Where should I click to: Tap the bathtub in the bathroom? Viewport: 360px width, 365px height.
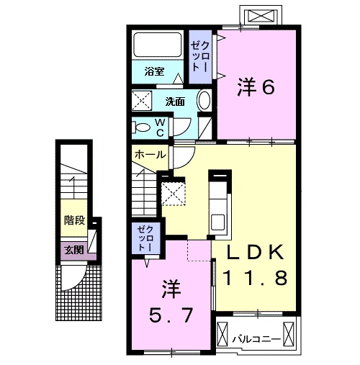158,45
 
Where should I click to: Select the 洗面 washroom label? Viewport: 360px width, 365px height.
175,101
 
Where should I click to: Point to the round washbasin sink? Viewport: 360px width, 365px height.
204,100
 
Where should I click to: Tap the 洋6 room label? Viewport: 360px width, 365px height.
256,88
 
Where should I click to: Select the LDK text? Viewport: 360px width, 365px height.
257,253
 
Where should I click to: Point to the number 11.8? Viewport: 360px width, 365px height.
257,277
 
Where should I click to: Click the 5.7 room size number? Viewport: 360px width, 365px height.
171,315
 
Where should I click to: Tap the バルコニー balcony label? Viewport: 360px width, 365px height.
256,336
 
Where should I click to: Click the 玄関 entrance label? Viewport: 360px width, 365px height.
73,250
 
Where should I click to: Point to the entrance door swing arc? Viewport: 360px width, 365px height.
72,277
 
